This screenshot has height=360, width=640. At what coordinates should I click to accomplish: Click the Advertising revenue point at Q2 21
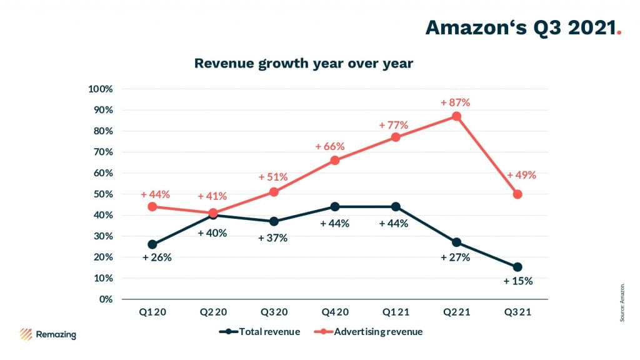click(x=457, y=116)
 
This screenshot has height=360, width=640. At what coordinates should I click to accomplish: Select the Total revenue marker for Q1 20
click(x=152, y=244)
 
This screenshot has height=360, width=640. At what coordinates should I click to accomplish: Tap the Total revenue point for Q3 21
click(x=517, y=267)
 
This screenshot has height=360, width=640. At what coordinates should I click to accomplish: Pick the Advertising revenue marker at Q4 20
click(x=335, y=160)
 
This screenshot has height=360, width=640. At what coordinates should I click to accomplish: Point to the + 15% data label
click(x=518, y=281)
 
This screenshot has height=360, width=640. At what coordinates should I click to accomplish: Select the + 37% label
click(x=272, y=238)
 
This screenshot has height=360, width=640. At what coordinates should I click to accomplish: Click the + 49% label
click(x=521, y=175)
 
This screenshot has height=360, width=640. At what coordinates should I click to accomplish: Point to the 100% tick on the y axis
click(x=100, y=89)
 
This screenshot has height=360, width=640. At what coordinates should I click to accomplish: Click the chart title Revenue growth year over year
click(x=304, y=64)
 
